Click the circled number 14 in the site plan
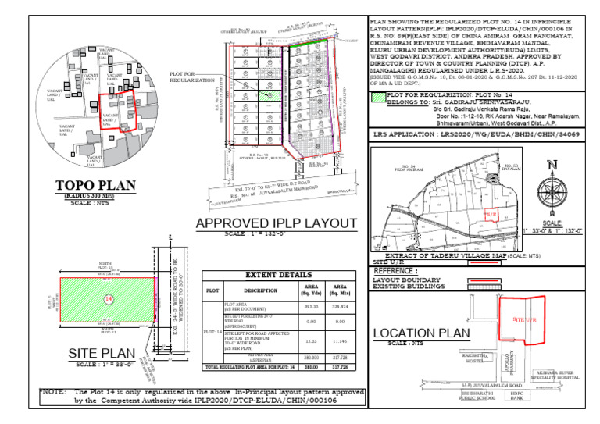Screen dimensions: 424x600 tap(109, 299)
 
